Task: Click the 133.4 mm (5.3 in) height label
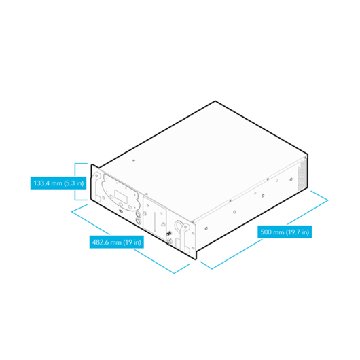pos(58,183)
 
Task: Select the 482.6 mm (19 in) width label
pos(117,242)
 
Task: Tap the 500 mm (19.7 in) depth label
pos(285,232)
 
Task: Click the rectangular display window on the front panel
pos(121,196)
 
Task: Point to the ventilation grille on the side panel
pos(302,175)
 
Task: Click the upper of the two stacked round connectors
pos(138,215)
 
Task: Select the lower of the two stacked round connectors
pos(138,221)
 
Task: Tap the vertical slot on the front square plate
pos(155,221)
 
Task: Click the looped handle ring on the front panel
pos(179,226)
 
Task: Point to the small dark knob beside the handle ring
pos(170,234)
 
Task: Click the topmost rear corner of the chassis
pos(215,101)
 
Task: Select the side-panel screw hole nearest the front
pos(206,228)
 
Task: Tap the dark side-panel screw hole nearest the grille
pos(291,179)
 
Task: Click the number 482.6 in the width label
pos(101,242)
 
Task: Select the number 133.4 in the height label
pos(41,183)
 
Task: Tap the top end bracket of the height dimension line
pos(81,164)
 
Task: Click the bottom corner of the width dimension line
pos(174,274)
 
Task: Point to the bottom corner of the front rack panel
pos(196,259)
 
